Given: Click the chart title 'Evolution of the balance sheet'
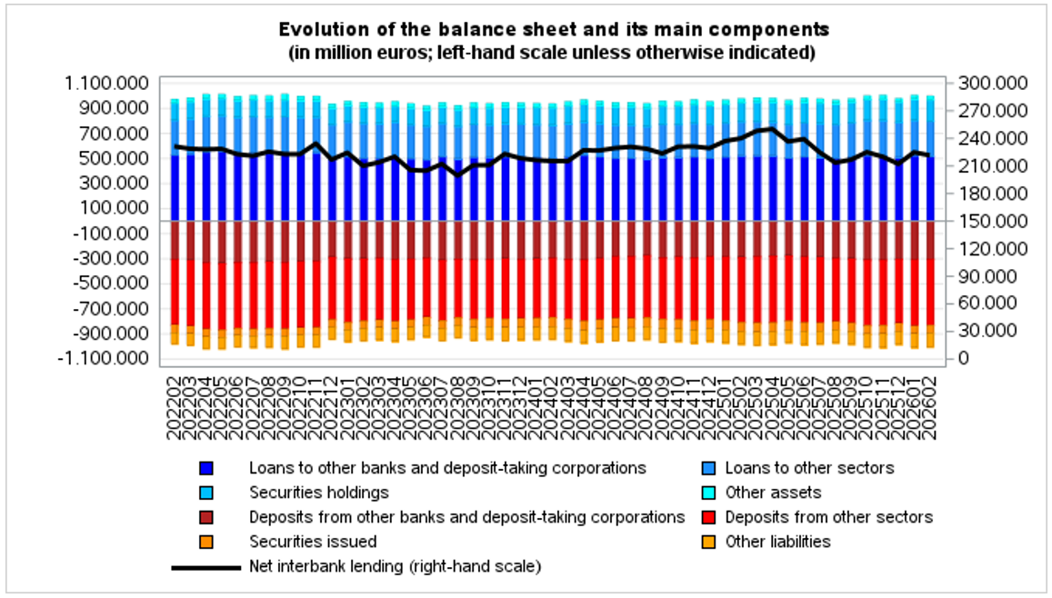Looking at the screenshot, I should click(x=553, y=30).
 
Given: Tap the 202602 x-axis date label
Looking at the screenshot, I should click(x=929, y=404).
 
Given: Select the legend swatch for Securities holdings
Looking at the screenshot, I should click(x=206, y=493).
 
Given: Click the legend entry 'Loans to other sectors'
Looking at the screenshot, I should click(x=809, y=468).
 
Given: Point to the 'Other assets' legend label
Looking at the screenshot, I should click(x=773, y=493).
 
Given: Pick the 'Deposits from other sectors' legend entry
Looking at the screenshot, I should click(x=828, y=517).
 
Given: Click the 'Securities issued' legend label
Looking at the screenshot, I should click(x=313, y=542).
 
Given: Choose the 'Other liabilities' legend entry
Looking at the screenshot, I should click(x=777, y=542).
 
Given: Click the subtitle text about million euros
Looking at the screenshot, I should click(x=552, y=53).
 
